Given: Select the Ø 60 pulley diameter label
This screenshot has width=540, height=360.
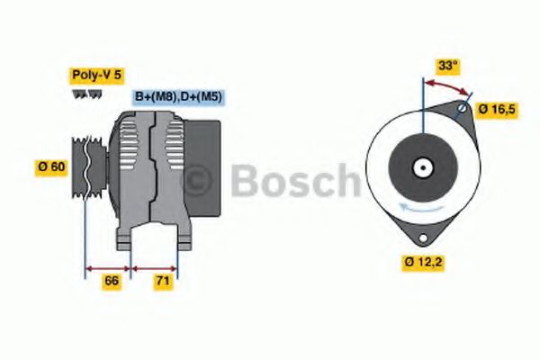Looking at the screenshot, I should pos(52,166).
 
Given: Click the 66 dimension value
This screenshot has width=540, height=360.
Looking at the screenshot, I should pos(111,282).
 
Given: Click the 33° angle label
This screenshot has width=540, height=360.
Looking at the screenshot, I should pos(448,65).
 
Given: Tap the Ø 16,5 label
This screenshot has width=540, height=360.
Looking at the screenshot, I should pos(496,109).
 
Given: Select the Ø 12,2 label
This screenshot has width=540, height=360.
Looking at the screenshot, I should pos(422,263).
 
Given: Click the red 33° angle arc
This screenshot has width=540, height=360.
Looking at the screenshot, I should pos(447,86).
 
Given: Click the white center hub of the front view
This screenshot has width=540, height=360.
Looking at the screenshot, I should pos(421,166).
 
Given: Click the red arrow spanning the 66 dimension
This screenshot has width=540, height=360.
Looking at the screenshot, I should pos(108,267).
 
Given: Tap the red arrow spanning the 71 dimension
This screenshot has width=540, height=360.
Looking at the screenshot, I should pos(155,267).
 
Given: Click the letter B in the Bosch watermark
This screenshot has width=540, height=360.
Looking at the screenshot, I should pos(245,182).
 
